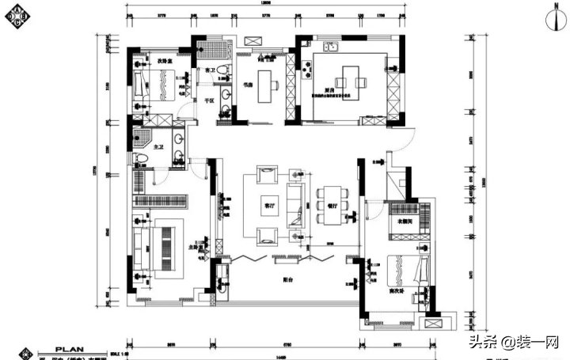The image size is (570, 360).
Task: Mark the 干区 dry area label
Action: tap(211, 100)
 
